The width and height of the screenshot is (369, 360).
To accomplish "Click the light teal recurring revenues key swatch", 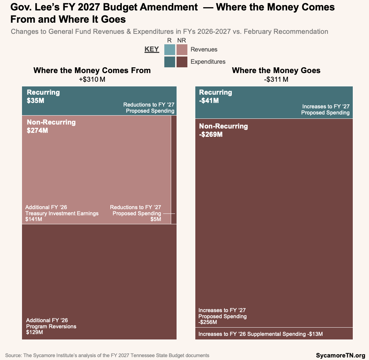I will [x=170, y=50].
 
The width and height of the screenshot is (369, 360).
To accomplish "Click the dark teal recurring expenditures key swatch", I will [x=170, y=62].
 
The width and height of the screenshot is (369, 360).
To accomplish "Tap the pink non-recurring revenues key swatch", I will [x=182, y=50].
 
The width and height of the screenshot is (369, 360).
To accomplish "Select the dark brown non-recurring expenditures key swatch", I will [x=182, y=62].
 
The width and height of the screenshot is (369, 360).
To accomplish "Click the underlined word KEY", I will [x=152, y=49].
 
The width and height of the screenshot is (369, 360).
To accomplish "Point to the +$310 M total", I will [x=92, y=79].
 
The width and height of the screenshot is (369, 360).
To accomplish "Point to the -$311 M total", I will [x=276, y=79].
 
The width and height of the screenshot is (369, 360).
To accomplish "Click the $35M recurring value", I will [x=35, y=101].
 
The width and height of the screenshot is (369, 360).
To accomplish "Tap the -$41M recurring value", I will [x=209, y=101].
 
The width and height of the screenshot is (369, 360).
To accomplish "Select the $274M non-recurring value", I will [x=37, y=131].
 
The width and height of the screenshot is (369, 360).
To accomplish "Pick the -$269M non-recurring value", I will [x=211, y=135].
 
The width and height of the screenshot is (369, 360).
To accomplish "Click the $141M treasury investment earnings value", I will [x=34, y=219].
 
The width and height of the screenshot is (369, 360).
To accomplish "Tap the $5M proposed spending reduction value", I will [x=156, y=219].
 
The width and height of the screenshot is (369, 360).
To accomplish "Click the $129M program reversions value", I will [x=34, y=332].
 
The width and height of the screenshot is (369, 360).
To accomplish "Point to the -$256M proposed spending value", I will [x=208, y=322].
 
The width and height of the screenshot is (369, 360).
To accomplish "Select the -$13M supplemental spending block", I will [x=274, y=334].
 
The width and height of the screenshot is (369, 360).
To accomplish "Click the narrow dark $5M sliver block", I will [x=174, y=169].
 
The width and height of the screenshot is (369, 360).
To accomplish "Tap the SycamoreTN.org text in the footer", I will [x=341, y=355].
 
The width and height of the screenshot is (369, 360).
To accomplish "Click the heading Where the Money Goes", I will [x=276, y=71].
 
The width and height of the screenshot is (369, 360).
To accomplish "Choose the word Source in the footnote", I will [x=13, y=355].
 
